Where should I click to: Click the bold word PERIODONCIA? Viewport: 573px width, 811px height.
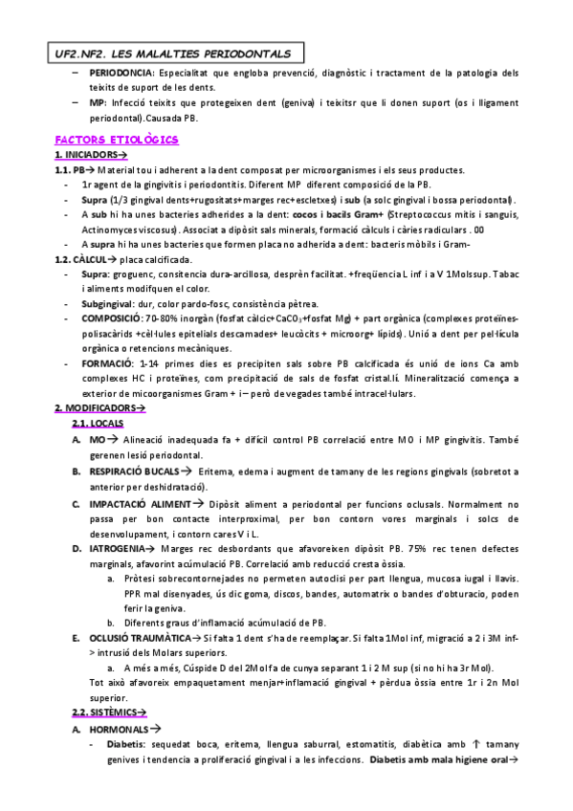pyautogui.click(x=121, y=73)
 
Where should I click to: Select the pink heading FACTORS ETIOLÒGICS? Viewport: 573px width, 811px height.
pyautogui.click(x=118, y=140)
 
